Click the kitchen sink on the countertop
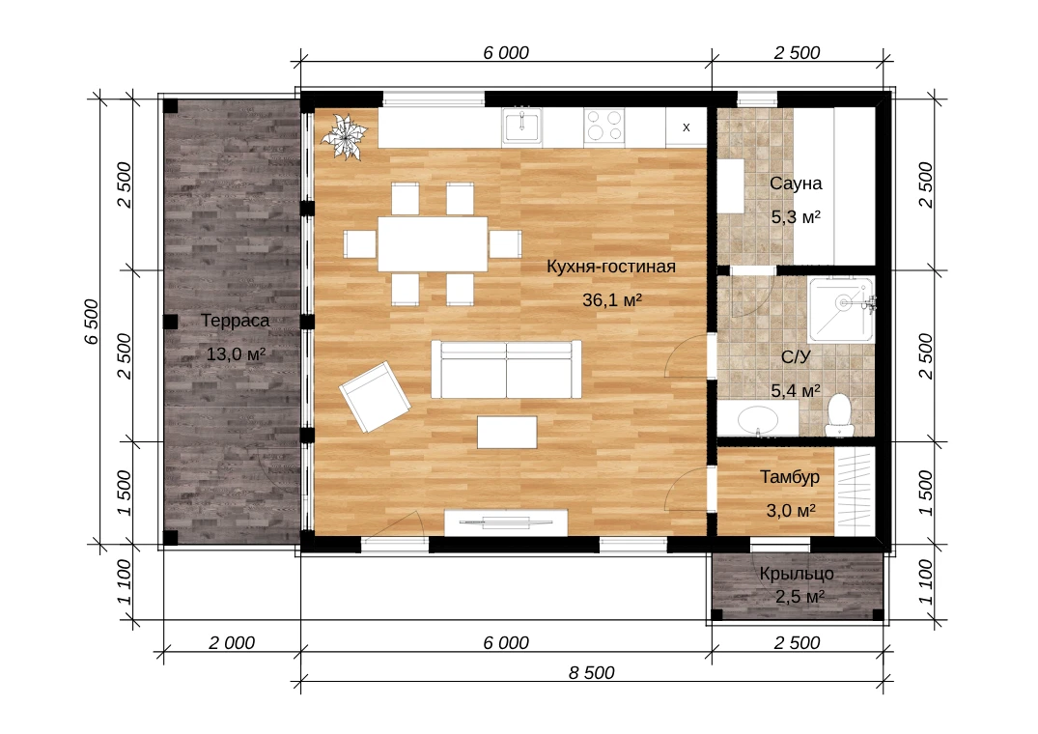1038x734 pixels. click(522, 126)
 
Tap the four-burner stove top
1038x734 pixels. click(604, 126)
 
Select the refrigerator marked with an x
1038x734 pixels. click(686, 127)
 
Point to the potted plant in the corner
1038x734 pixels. click(343, 137)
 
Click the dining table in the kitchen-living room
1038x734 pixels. click(433, 243)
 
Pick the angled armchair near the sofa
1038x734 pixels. click(375, 396)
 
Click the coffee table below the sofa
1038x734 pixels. click(507, 432)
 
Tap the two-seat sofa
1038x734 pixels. click(506, 369)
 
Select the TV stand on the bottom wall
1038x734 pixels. click(506, 522)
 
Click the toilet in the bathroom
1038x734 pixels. click(839, 415)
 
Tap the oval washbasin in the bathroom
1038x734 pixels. click(759, 419)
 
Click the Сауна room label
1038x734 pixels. click(796, 183)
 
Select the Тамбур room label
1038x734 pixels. click(790, 476)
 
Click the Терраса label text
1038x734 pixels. click(235, 321)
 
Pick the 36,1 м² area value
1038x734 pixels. click(612, 299)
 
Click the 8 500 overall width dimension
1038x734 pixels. click(592, 672)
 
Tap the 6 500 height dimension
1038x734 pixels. click(92, 322)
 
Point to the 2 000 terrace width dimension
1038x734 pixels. click(232, 642)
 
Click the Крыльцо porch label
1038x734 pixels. click(797, 574)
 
